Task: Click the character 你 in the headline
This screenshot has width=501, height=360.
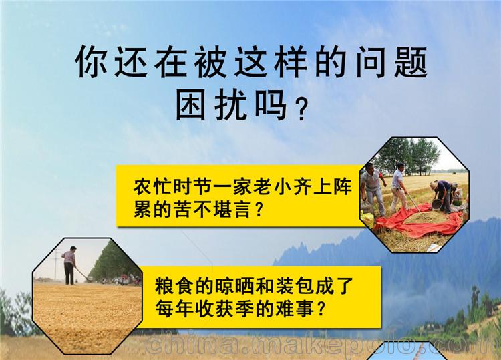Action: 91,61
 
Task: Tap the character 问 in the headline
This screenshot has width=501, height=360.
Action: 371,61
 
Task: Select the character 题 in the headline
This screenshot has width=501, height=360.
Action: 411,61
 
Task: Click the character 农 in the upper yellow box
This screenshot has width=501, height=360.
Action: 142,186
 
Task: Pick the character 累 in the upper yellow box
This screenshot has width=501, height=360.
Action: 142,210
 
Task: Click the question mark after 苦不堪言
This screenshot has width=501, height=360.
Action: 259,210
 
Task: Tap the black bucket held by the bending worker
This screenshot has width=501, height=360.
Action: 436,204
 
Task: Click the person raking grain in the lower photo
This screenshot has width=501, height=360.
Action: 69,265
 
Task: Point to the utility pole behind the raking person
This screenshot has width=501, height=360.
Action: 56,264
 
